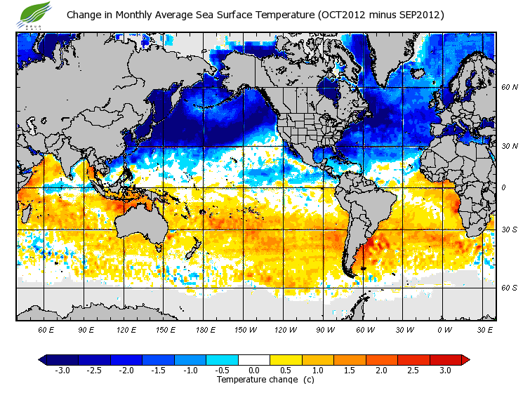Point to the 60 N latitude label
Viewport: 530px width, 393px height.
tap(510, 87)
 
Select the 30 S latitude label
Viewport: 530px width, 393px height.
tap(510, 229)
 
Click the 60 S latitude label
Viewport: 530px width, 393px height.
tap(510, 287)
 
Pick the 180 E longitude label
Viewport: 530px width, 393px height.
tap(205, 329)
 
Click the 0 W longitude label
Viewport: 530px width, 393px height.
tap(444, 329)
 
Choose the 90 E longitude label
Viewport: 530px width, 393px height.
tap(86, 329)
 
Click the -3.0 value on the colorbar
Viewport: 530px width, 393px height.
tap(62, 370)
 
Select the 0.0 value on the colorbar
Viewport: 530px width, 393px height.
tap(254, 370)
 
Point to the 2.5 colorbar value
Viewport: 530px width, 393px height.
tap(414, 370)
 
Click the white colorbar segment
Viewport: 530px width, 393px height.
tap(254, 359)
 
